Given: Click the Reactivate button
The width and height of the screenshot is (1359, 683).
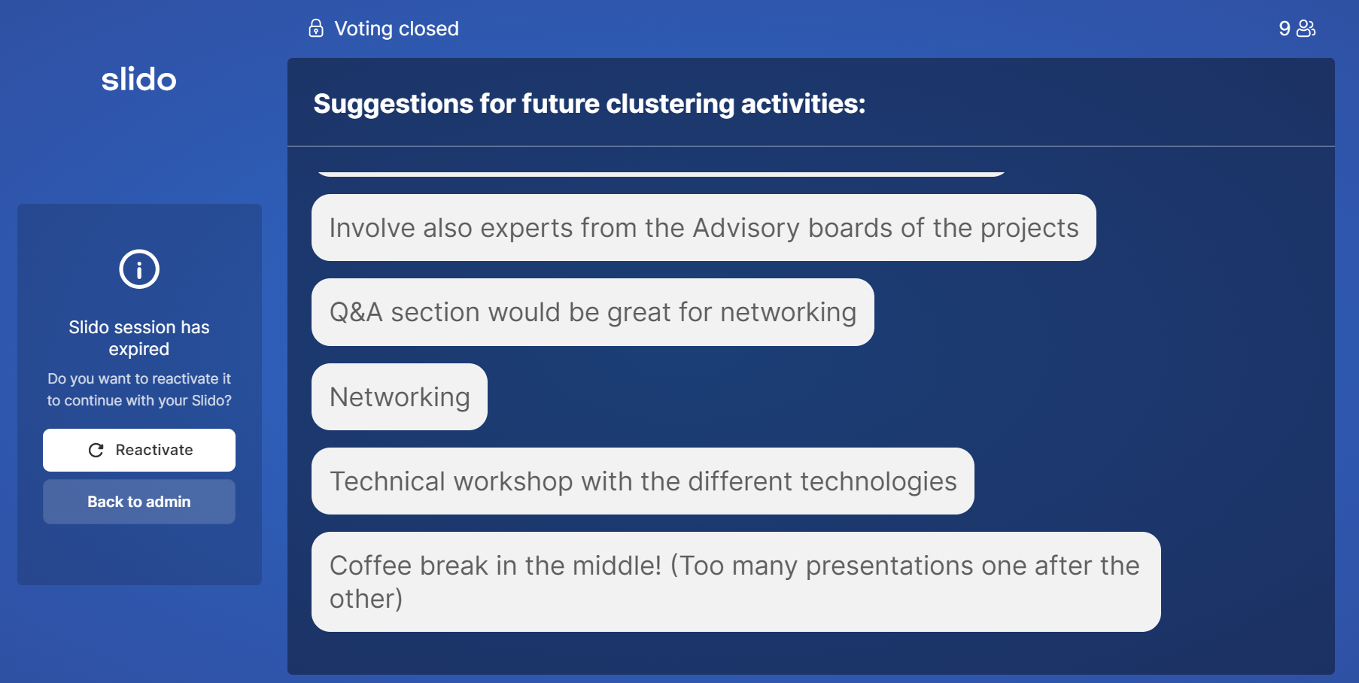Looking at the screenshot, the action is point(139,450).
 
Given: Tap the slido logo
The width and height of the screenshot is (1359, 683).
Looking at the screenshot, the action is point(139,79).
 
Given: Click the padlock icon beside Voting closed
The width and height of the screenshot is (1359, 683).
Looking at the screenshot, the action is point(316,28).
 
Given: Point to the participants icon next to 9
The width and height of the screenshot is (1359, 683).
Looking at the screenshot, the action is point(1306,29).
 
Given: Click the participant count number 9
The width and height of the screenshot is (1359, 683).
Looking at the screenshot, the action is point(1285,29).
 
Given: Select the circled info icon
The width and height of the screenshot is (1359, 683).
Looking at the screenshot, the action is point(139,269).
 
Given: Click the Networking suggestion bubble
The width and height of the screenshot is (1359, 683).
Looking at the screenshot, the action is point(400,396).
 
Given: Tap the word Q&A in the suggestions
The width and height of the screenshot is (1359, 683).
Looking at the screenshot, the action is point(356,312).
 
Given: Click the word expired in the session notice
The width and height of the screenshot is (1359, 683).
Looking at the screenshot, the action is point(139,349).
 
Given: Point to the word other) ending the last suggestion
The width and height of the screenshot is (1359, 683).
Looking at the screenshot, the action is point(366,599).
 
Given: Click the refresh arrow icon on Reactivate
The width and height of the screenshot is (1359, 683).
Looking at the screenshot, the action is point(96,450).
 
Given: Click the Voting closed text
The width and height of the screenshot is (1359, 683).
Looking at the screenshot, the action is point(397,29).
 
